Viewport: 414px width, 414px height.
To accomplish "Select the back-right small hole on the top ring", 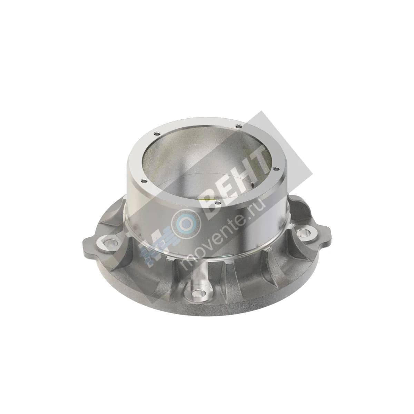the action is [238, 126].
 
